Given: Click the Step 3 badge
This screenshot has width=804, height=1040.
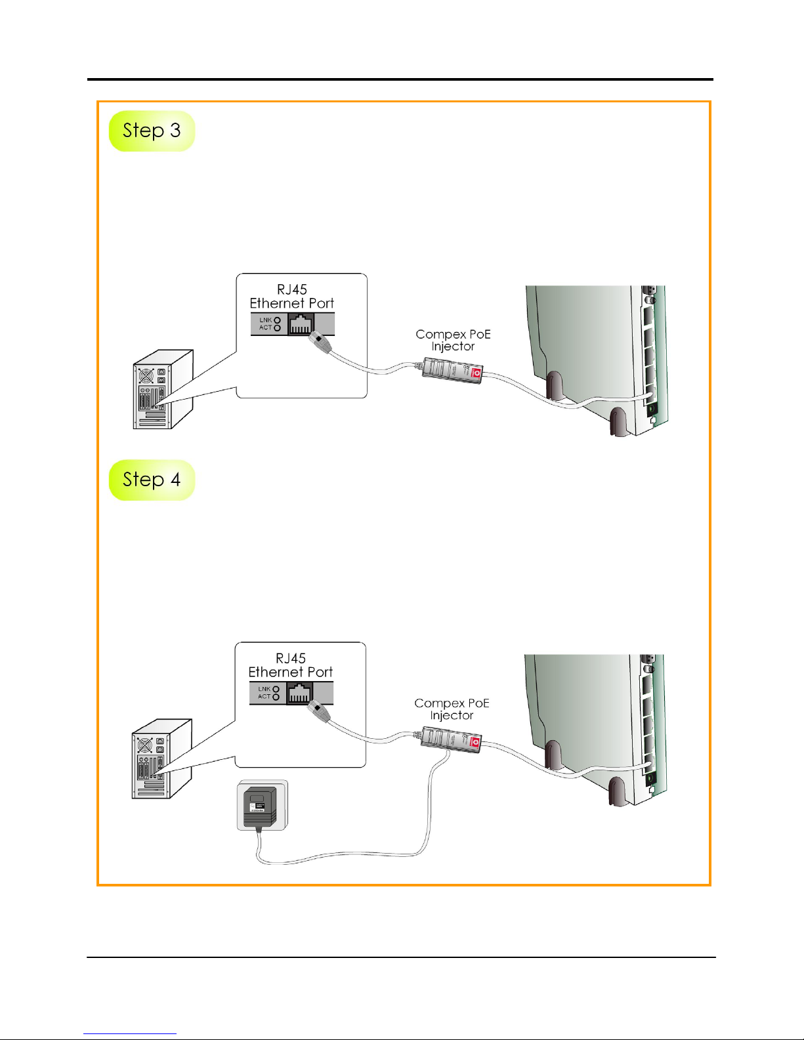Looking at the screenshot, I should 152,131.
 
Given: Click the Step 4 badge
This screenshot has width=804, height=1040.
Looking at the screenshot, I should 152,480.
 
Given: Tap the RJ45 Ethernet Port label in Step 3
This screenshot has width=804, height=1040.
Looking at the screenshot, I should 292,297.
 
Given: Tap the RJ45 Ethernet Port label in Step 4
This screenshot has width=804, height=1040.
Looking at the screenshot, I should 291,665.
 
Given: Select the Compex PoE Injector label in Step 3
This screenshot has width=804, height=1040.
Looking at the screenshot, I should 453,340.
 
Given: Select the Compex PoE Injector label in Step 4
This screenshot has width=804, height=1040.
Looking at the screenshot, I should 452,709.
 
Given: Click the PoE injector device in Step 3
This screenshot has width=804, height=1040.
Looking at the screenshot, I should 452,371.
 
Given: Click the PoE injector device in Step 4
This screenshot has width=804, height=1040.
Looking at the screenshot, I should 451,739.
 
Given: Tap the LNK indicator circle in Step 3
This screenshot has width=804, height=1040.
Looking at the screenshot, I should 278,320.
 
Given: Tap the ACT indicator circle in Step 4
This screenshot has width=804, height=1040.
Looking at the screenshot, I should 276,697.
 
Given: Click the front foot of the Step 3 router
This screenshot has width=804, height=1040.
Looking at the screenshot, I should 618,423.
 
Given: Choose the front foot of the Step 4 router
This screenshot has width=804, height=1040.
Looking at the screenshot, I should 617,791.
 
